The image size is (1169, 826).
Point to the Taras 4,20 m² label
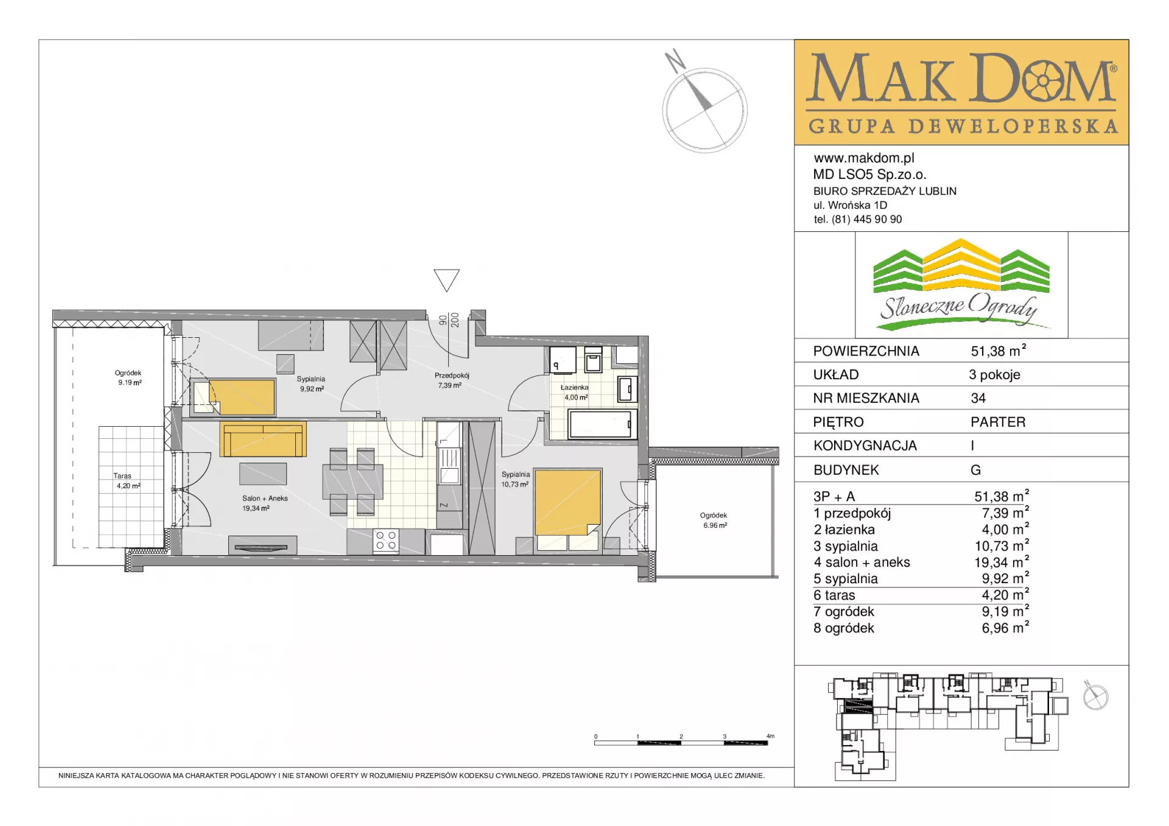tap(128, 481)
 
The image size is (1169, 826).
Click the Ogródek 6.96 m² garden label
tap(714, 520)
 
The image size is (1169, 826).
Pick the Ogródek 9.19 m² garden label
tap(128, 378)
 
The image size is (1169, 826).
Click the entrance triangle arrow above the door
tap(446, 280)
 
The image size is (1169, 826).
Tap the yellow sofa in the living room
tap(263, 439)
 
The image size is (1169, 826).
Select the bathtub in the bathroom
tap(600, 424)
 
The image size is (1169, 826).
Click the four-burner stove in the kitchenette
tap(386, 541)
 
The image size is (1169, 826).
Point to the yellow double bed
tap(568, 509)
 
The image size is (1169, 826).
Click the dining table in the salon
tap(353, 481)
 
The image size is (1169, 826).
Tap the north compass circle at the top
tap(705, 110)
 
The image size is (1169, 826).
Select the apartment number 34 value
tap(978, 398)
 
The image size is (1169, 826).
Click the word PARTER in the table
tap(998, 422)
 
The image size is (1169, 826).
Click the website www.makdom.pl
tap(864, 158)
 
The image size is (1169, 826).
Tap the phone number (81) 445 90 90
tap(866, 219)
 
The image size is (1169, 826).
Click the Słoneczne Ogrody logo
tap(961, 285)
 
